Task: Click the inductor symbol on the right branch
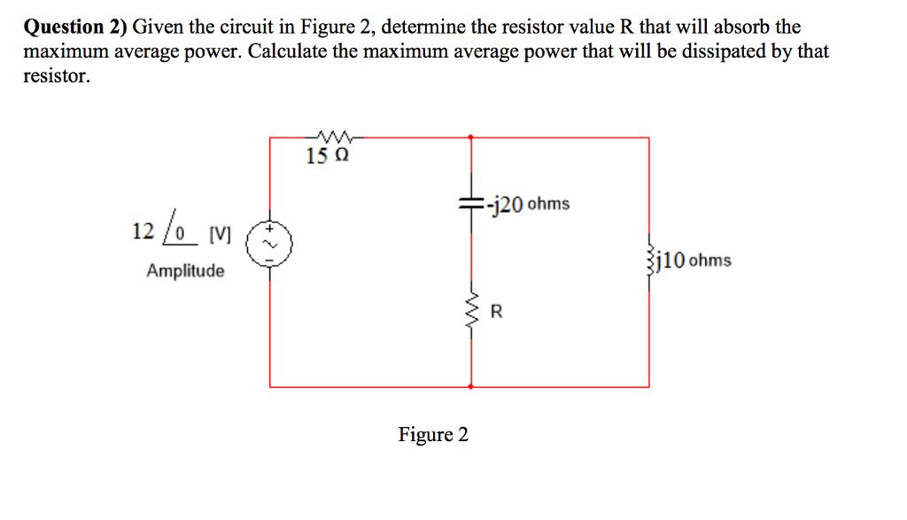click(651, 260)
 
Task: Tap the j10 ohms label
click(696, 260)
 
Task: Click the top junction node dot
click(470, 137)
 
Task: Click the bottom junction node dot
click(470, 386)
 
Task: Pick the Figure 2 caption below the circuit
click(433, 435)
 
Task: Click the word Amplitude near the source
click(185, 270)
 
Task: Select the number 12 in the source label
click(143, 232)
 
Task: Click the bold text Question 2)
click(75, 27)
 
